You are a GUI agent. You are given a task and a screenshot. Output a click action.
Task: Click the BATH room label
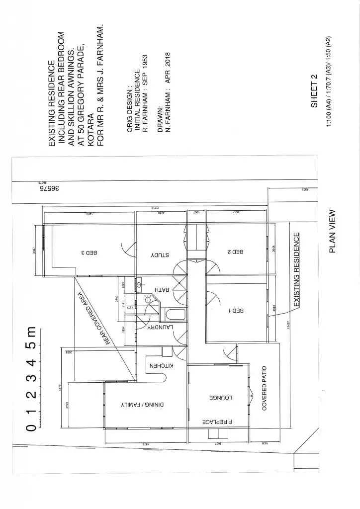pyautogui.click(x=164, y=289)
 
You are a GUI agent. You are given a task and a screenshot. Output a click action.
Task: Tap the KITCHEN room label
pyautogui.click(x=160, y=367)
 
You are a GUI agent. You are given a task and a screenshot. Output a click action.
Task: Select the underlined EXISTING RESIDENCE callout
pyautogui.click(x=297, y=269)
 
